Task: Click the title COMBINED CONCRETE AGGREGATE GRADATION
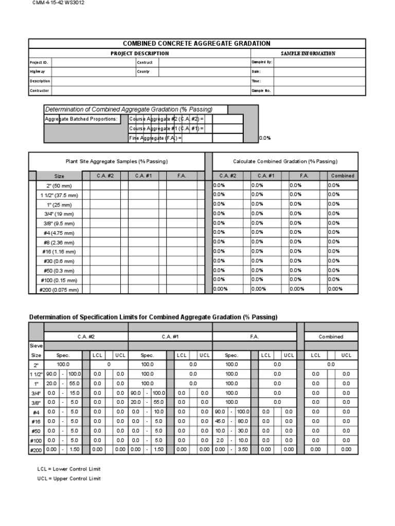pos(196,44)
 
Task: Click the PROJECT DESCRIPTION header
pos(139,53)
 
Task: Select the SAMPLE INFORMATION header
pos(308,53)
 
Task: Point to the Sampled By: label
pos(261,63)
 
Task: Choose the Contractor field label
pos(40,90)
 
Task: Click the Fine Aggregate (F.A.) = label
pos(156,138)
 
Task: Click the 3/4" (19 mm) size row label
pos(59,214)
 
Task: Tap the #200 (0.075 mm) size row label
pos(59,290)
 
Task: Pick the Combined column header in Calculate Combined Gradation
pos(343,176)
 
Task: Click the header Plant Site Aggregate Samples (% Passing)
pos(116,161)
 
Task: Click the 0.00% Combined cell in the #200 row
pos(335,289)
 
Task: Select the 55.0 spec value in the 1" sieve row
pos(75,383)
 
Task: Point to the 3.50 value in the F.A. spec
pos(243,449)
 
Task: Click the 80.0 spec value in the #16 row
pos(243,421)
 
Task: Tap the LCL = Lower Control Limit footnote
pos(69,469)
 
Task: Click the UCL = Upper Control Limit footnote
pos(69,479)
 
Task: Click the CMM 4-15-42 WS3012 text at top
pos(58,3)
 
